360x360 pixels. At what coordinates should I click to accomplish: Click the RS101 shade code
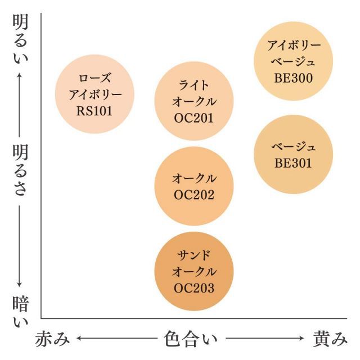(x=94, y=111)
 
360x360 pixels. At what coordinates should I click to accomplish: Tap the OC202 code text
(x=193, y=196)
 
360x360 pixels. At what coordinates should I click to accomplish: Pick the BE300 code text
(x=294, y=78)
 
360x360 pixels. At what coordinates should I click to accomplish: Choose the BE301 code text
(x=294, y=163)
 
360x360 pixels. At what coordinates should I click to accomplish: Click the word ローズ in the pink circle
(x=94, y=78)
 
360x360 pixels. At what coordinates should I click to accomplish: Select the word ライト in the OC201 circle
(x=193, y=85)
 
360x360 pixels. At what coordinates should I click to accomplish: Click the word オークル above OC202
(x=193, y=179)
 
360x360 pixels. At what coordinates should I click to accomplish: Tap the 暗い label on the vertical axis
(x=20, y=313)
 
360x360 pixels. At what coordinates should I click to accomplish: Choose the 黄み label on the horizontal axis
(x=330, y=339)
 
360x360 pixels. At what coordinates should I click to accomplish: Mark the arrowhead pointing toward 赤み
(x=79, y=339)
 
